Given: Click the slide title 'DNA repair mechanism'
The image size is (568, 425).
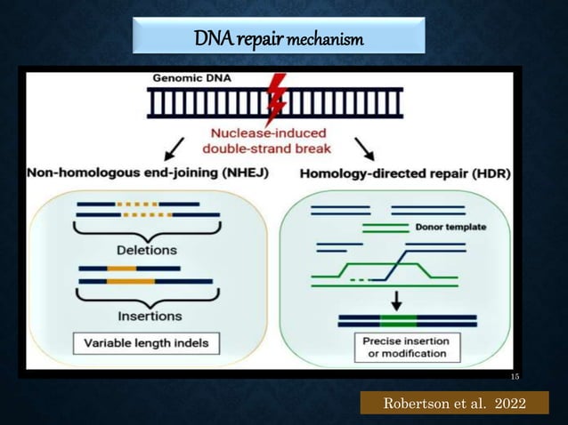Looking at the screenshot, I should click(278, 39).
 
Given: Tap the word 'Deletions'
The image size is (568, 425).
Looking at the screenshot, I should click(148, 250).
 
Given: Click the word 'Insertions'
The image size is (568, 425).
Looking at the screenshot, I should click(150, 315).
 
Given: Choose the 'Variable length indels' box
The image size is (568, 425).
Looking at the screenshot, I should click(146, 342).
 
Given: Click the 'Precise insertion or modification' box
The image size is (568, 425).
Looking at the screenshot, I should click(403, 348).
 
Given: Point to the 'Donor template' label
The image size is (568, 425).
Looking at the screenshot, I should click(451, 227).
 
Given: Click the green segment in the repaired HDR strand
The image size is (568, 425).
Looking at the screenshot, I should click(397, 321).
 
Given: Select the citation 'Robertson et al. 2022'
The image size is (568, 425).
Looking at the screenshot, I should click(454, 404).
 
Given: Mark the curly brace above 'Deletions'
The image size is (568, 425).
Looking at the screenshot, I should click(148, 229).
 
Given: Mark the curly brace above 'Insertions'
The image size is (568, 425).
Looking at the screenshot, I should click(148, 297).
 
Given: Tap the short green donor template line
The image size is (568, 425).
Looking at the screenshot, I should click(385, 227).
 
